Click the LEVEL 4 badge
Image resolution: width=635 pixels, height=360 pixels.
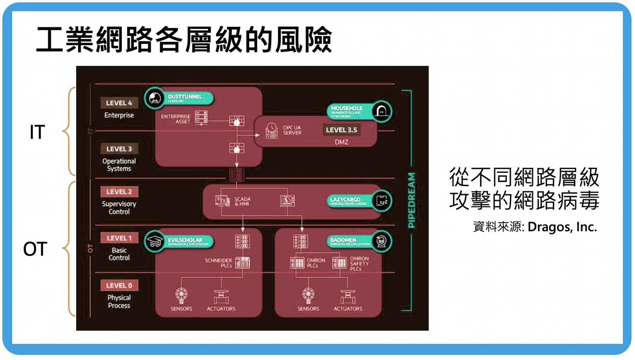coord(119,103)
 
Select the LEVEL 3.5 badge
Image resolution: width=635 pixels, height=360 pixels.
coord(341,130)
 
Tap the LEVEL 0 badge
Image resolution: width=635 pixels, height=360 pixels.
coord(119,285)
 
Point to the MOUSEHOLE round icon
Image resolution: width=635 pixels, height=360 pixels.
coord(382,112)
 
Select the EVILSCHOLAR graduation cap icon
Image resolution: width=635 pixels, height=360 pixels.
coord(154,241)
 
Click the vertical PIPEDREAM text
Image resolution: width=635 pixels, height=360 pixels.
coord(411,200)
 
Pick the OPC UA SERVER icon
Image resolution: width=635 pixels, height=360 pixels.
coord(271,130)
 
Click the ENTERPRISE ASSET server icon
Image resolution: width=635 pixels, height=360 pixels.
coord(201,118)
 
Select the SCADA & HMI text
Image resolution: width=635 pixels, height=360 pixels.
coord(242,201)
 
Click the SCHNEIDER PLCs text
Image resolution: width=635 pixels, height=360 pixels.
coord(218,263)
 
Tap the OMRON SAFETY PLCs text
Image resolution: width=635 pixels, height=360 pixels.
coord(359,264)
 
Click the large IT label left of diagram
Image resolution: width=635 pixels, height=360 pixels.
coord(38,132)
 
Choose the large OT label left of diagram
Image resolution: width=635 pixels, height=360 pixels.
coord(35,249)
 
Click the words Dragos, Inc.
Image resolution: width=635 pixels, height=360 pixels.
coord(562,227)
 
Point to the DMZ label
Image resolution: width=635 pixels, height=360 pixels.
coord(341,142)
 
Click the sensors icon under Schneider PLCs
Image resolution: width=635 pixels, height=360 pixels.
coord(181,295)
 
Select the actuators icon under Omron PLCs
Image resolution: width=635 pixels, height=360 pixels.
coord(348,297)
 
